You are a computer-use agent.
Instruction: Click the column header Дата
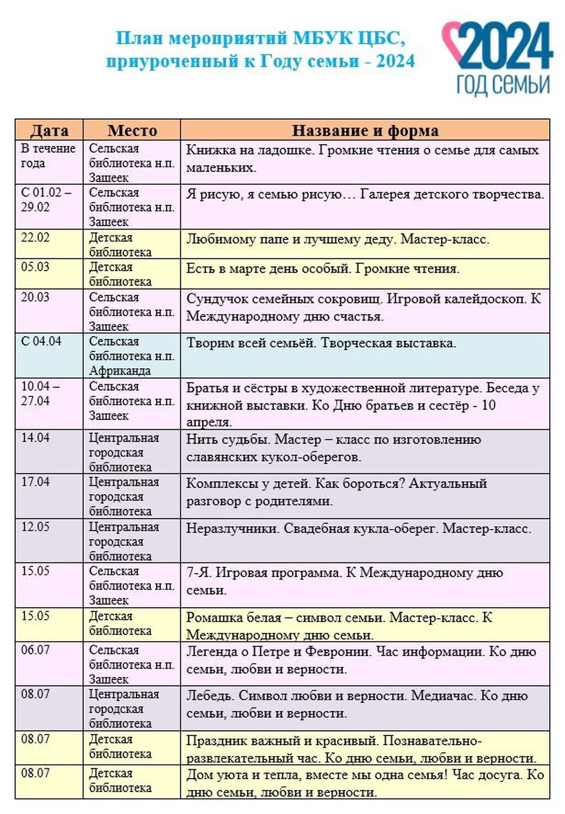coord(49,130)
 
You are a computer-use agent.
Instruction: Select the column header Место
coord(132,130)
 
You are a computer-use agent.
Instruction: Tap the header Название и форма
coord(365,130)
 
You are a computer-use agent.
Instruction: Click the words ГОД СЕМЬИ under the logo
coord(503,84)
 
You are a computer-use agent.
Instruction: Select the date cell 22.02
coord(35,238)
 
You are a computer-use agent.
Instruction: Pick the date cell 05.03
coord(35,267)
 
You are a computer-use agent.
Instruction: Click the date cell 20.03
coord(35,297)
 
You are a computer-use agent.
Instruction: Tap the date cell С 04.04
coord(41,342)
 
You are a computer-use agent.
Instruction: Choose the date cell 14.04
coord(35,438)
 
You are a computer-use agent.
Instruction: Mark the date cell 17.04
coord(35,482)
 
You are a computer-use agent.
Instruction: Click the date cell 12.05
coord(35,527)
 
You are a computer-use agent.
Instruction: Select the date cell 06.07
coord(35,650)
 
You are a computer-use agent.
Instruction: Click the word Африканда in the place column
coord(120,371)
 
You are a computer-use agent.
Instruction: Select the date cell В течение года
coord(48,156)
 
